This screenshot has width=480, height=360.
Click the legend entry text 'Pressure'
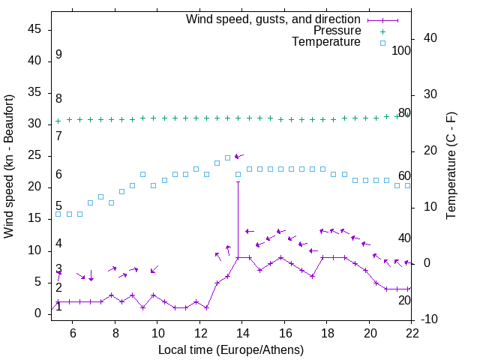(x=337, y=31)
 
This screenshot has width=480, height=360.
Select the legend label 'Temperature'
(x=326, y=42)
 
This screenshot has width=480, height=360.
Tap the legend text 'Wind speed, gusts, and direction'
(x=273, y=19)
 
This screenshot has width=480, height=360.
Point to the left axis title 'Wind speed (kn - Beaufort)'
(x=9, y=166)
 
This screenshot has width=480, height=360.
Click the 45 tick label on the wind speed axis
(x=34, y=29)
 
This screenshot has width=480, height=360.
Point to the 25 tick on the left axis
(x=34, y=155)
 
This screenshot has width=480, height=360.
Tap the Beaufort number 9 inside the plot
(x=58, y=55)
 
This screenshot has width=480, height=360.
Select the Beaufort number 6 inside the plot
(x=58, y=175)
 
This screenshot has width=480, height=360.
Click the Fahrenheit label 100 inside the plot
(x=401, y=51)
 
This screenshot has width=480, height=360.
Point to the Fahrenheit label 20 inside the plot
(x=404, y=300)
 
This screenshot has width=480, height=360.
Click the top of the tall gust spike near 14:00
(x=238, y=181)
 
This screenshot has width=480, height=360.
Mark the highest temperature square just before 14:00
(x=228, y=157)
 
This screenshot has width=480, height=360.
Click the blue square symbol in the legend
(x=382, y=43)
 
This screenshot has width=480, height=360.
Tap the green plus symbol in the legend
(x=382, y=31)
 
